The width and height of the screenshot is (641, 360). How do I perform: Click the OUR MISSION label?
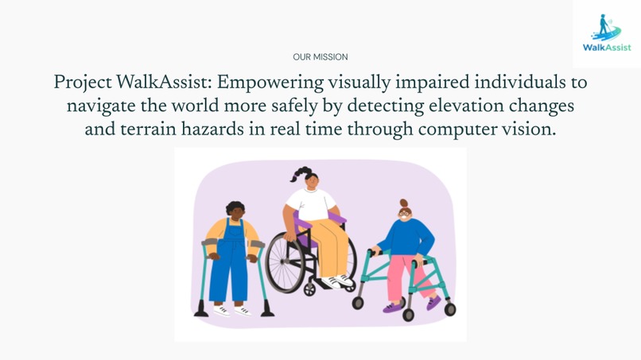320,57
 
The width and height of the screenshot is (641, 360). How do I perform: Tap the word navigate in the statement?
101,106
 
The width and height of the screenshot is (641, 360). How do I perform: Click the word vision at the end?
530,130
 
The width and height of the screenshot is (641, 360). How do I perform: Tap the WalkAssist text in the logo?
606,48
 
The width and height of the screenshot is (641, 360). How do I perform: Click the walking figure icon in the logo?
605,26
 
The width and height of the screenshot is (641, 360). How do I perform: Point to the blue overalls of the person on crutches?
234,258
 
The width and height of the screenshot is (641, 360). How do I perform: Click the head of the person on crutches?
235,210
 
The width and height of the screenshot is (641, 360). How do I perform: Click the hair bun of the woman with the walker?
403,203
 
